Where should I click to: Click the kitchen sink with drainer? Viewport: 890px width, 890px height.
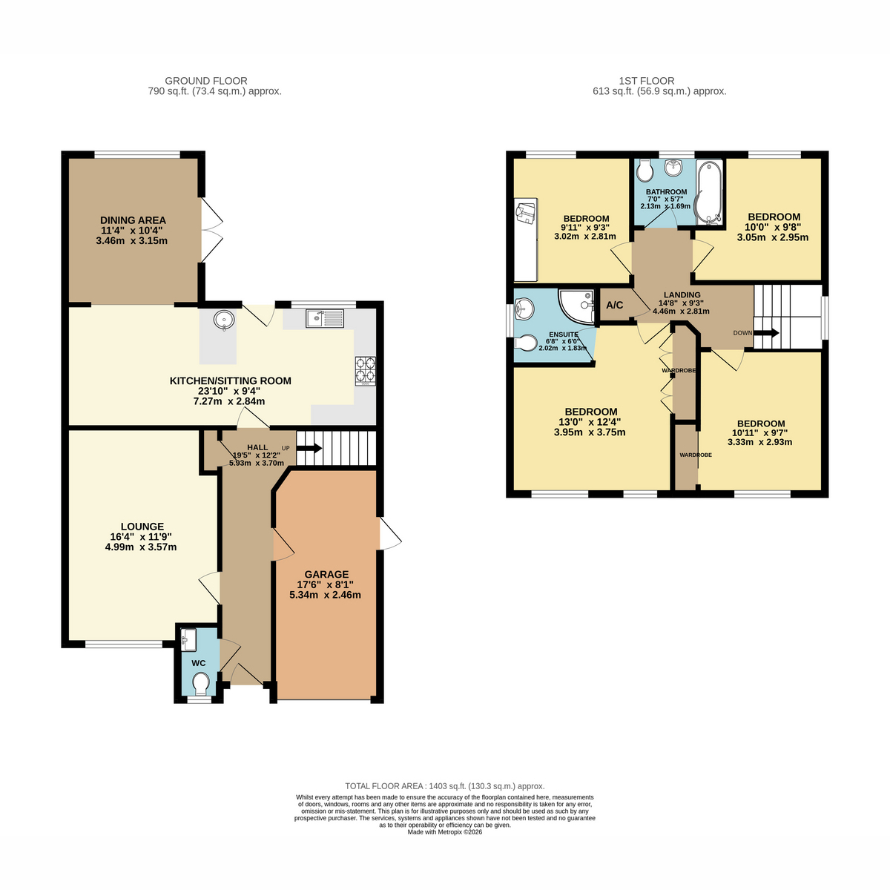324,318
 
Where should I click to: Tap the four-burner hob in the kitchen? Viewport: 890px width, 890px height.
366,371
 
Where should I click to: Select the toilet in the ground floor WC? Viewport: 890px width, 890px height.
200,684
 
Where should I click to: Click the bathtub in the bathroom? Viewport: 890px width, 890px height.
709,192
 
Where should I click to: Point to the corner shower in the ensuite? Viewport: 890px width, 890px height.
576,306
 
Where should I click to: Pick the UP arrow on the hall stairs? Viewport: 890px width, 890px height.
309,448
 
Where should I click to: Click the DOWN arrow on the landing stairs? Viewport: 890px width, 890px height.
766,333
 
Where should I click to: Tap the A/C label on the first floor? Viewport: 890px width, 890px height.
614,306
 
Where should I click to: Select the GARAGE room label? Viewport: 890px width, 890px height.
326,574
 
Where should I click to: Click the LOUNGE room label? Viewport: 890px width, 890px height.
142,527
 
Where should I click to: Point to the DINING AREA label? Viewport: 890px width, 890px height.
133,220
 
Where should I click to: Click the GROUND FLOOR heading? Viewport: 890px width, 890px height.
206,81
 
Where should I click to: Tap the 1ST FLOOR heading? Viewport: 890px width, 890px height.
647,81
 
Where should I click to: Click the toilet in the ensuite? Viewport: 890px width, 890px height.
526,343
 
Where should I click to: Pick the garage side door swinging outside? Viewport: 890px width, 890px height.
390,533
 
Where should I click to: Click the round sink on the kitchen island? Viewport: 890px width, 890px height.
224,319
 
